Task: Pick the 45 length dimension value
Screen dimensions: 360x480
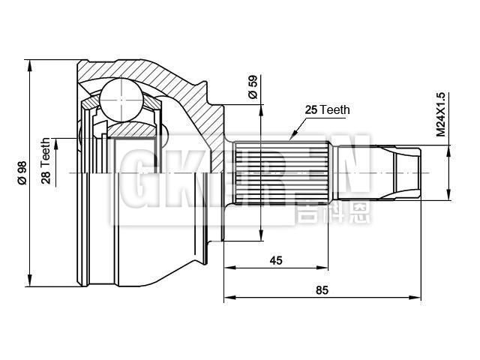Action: (276, 260)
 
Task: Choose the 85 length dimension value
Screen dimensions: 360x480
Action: (322, 289)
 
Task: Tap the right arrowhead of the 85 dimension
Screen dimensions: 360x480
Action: (418, 297)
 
